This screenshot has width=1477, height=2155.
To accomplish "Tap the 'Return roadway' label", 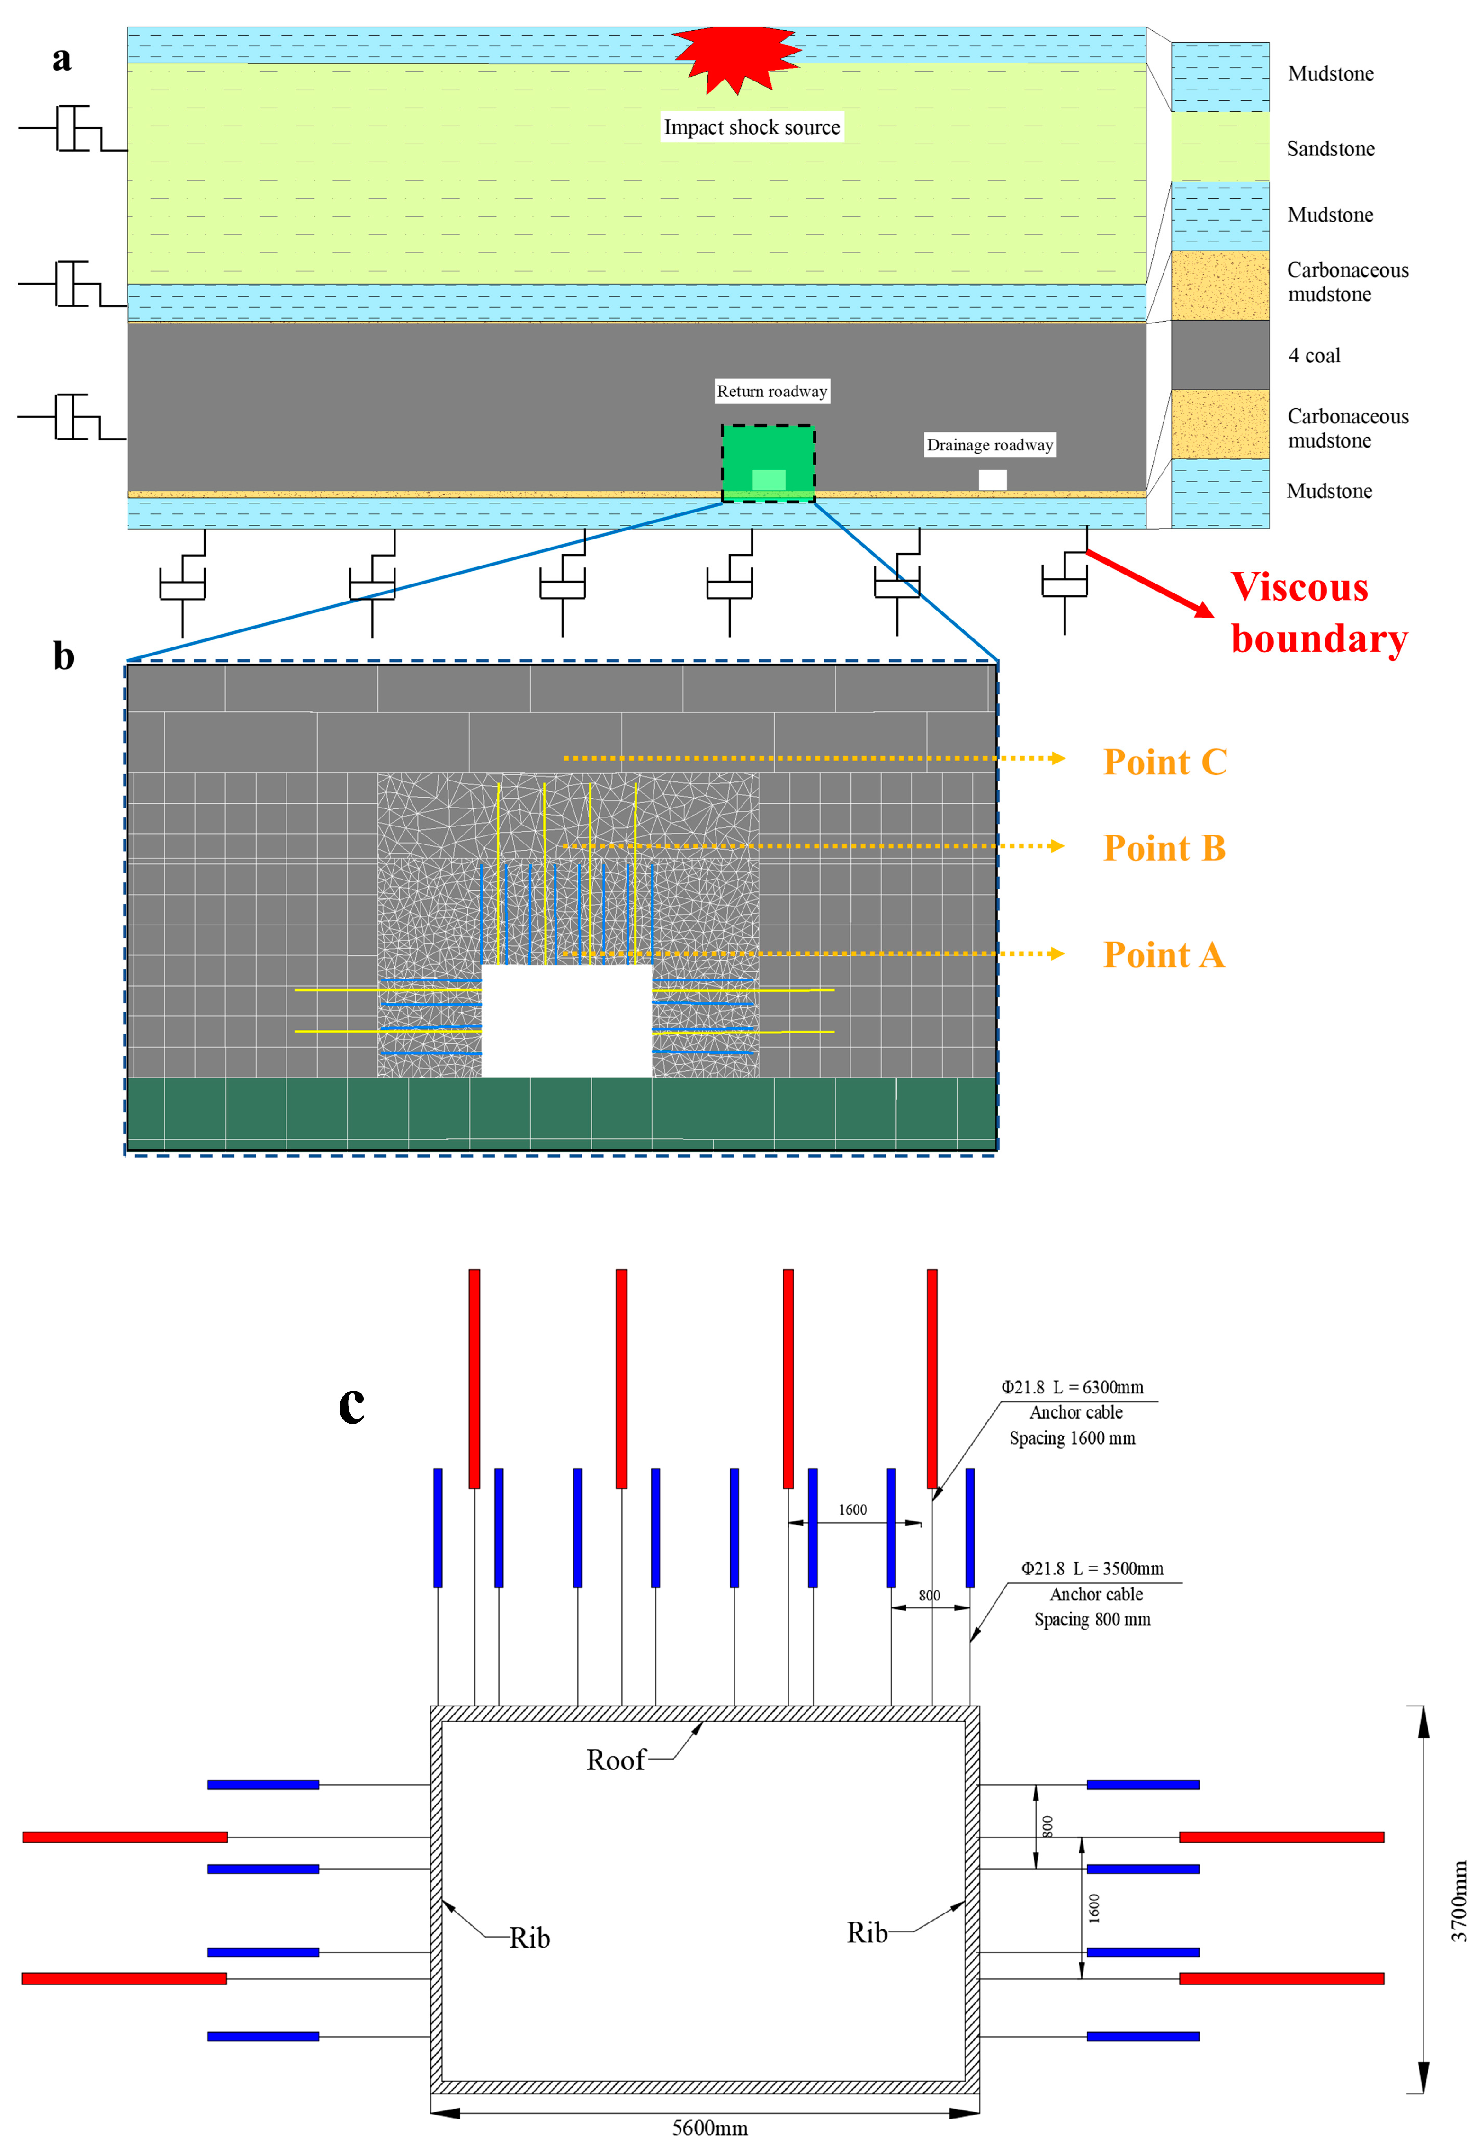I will (771, 391).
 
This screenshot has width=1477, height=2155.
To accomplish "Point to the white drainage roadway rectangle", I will (992, 479).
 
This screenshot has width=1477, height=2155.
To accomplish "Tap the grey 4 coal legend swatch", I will (1219, 355).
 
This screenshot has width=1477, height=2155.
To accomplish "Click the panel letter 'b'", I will (63, 656).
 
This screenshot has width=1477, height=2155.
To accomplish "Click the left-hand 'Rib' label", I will (529, 1938).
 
